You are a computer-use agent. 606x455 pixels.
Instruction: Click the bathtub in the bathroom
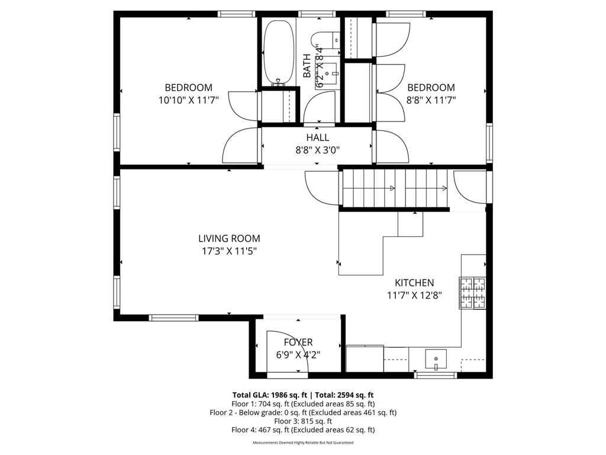pos(278,52)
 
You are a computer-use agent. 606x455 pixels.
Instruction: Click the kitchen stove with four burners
pos(472,293)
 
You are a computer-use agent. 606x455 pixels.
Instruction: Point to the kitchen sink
pos(437,359)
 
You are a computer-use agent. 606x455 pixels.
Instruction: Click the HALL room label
pos(318,138)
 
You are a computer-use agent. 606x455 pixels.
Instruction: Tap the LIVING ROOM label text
pos(229,239)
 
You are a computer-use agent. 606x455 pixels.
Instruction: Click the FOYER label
pos(298,342)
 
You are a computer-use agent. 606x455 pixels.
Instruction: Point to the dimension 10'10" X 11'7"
pos(188,101)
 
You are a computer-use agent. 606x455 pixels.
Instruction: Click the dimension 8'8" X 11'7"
pos(431,101)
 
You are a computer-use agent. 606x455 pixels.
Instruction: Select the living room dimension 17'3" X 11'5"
pos(229,251)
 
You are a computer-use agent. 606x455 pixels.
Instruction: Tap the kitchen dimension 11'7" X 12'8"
pos(414,295)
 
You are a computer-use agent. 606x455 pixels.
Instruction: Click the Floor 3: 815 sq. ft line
pos(303,421)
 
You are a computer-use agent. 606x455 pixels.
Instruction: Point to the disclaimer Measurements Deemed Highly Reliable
pos(303,443)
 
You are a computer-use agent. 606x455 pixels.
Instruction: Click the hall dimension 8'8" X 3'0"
pos(318,150)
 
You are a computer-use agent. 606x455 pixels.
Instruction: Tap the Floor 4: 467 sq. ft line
pos(303,430)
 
